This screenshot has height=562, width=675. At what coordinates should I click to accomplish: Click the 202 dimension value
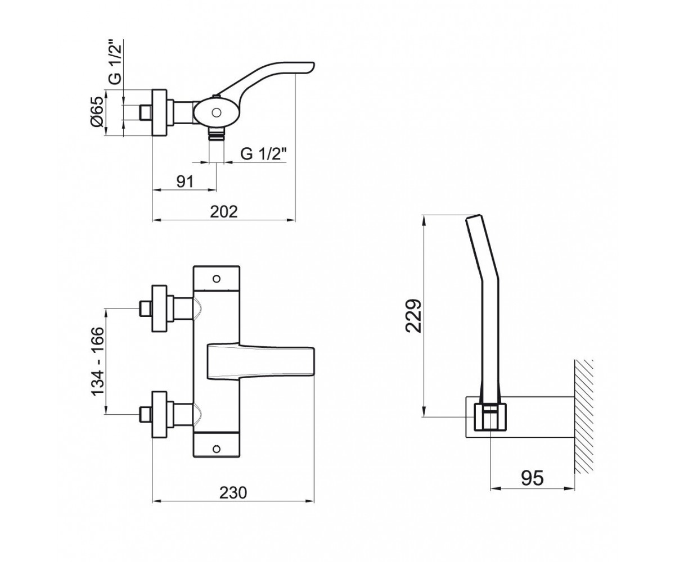(224, 212)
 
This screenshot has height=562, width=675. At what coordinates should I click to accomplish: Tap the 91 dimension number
(185, 182)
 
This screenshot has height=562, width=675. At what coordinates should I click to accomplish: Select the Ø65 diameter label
(97, 111)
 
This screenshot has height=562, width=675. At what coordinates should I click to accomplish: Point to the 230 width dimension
(233, 492)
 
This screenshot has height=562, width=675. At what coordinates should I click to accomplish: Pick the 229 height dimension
(413, 315)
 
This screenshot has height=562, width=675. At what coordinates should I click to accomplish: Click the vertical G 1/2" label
(115, 62)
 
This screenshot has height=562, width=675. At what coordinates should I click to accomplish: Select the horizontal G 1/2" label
(264, 154)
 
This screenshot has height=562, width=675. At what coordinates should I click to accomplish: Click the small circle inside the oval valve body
(216, 113)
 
